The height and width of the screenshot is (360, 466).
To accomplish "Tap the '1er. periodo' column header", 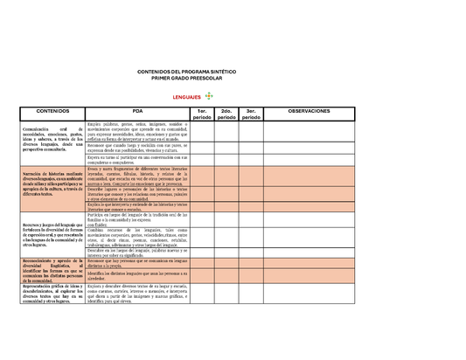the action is click(x=202, y=114).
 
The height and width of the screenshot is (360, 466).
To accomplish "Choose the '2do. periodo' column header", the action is click(x=226, y=114).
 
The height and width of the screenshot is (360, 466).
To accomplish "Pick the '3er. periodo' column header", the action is click(x=251, y=114).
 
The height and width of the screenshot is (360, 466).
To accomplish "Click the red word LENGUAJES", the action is click(x=187, y=98).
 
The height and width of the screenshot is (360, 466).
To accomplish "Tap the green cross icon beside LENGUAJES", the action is click(x=208, y=96).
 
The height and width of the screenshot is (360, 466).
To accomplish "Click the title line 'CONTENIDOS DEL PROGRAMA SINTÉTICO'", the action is click(x=187, y=72).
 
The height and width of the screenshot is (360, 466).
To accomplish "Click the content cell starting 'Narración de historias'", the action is click(x=44, y=183).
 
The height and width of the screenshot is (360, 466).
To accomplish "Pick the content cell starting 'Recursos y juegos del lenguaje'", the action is click(x=44, y=232).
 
